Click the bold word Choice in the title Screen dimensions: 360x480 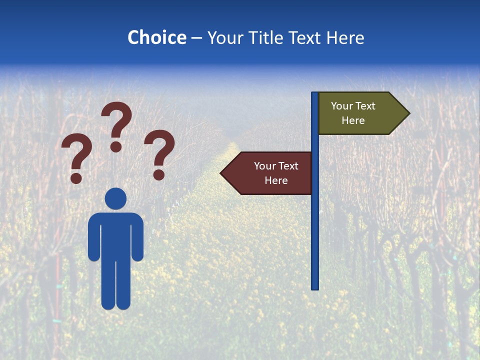click(x=156, y=37)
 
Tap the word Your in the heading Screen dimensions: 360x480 click(x=224, y=37)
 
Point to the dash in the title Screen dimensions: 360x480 click(x=196, y=38)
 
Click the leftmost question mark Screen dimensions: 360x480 click(x=76, y=155)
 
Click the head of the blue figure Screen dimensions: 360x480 click(x=115, y=198)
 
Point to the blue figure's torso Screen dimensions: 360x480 click(x=115, y=235)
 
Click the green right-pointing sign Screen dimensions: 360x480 click(x=360, y=113)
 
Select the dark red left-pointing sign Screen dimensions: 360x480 click(x=270, y=173)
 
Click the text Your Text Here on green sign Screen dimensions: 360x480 click(x=353, y=113)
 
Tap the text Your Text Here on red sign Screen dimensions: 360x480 click(x=276, y=173)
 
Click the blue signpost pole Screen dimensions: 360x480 click(x=315, y=225)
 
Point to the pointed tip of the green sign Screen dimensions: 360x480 click(x=407, y=113)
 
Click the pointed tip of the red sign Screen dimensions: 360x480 click(x=223, y=173)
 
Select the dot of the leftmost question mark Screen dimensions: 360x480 click(x=76, y=178)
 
